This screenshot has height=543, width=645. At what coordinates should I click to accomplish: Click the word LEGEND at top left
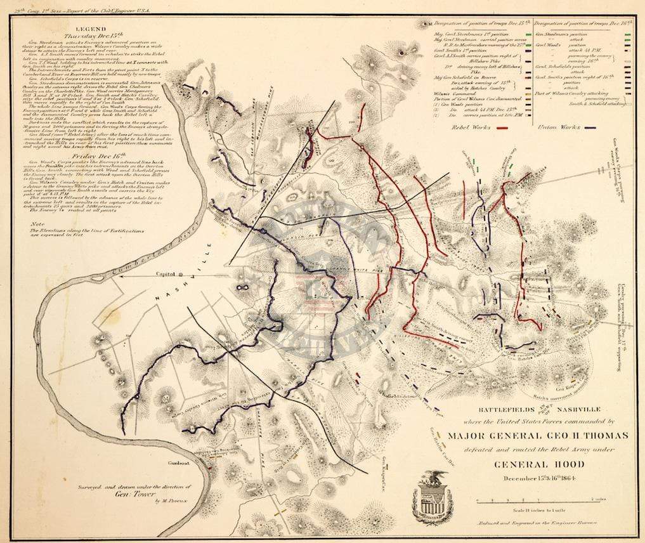click(x=87, y=29)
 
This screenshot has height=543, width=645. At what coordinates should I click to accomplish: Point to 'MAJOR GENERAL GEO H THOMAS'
click(x=528, y=435)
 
